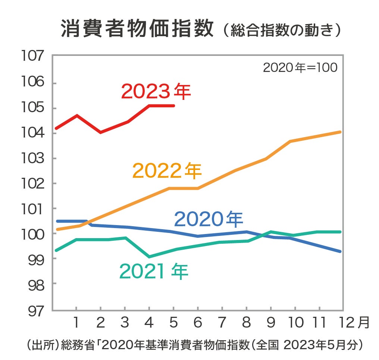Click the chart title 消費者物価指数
point(138,28)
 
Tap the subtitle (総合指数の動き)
point(281,30)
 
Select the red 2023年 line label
point(156,92)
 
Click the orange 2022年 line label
point(167,171)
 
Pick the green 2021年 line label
point(154,271)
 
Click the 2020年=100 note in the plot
point(300,68)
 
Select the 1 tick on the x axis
point(76,322)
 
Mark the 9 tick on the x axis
point(270,322)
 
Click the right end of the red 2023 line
point(174,106)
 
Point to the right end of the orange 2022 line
point(340,132)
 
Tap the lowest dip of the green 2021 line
point(149,257)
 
